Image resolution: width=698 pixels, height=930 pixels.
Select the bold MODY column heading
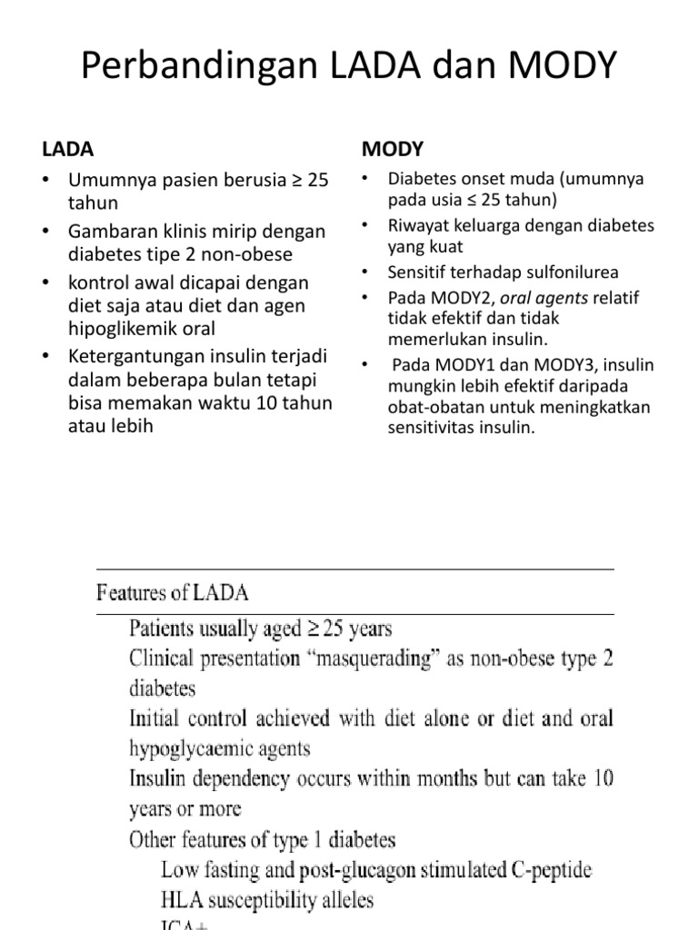tap(393, 148)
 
